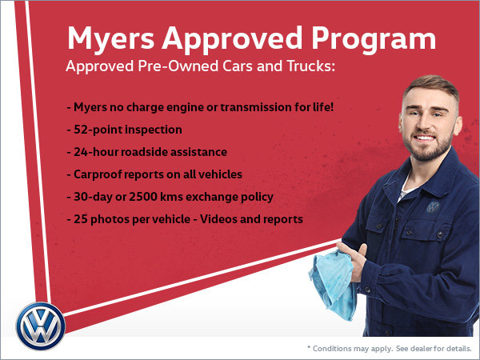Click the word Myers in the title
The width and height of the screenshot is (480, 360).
(x=111, y=39)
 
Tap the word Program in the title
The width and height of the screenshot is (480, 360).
(x=374, y=39)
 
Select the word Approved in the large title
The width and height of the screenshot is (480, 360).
(x=232, y=39)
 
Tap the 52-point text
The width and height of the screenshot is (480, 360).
(x=98, y=130)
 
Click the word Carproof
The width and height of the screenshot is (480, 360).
(x=96, y=174)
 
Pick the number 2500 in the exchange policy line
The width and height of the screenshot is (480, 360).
(x=143, y=197)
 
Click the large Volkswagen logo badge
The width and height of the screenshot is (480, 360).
(x=41, y=326)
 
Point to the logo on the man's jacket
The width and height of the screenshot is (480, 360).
(x=433, y=207)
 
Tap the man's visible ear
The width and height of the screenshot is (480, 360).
(x=458, y=126)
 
